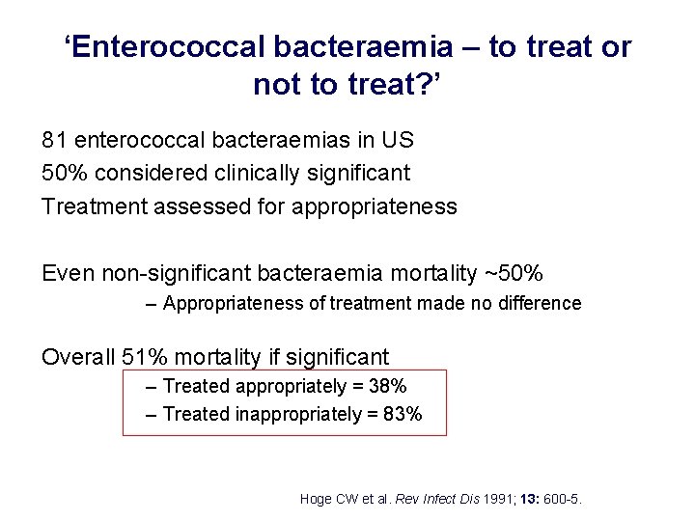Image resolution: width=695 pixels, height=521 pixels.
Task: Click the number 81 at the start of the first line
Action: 54,140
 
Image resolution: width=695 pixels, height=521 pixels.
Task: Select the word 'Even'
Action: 68,273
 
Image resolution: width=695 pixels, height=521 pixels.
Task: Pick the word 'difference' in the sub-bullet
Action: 536,304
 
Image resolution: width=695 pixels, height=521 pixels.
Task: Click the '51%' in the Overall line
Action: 149,357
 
